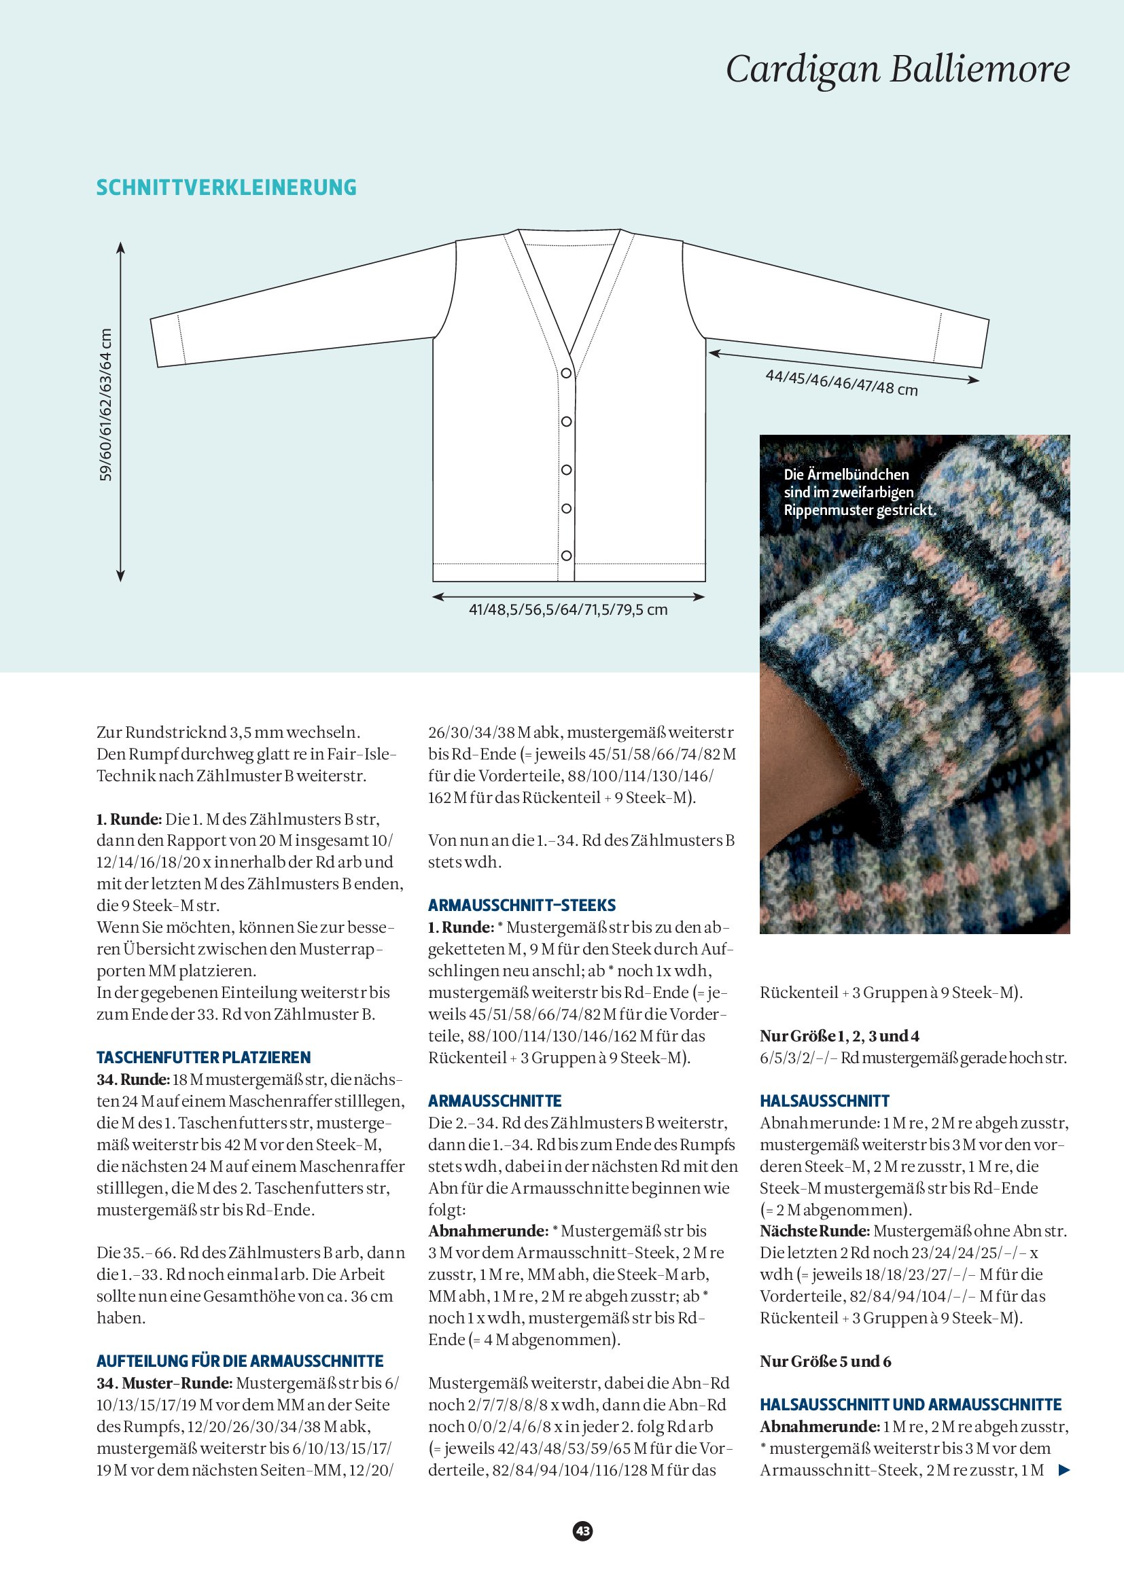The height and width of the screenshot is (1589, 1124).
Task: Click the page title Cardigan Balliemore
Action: click(x=897, y=69)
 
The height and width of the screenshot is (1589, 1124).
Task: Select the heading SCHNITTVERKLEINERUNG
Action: click(x=226, y=188)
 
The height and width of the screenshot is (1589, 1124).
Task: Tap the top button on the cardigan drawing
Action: click(x=566, y=373)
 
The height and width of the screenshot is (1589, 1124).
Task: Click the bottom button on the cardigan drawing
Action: click(x=566, y=556)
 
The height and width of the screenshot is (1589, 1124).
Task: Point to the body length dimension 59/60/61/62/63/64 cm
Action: click(x=106, y=405)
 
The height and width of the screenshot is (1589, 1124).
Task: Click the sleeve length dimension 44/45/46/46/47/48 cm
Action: click(x=841, y=382)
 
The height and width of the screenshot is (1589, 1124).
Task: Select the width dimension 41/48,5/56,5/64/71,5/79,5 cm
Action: click(x=567, y=609)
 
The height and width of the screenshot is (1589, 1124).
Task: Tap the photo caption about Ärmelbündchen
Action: click(x=858, y=492)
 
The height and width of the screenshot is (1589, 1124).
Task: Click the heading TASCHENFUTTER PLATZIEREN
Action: click(x=203, y=1058)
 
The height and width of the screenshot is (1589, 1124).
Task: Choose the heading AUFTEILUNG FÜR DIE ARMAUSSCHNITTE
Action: click(x=239, y=1361)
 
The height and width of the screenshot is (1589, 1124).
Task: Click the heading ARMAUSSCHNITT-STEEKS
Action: click(x=522, y=905)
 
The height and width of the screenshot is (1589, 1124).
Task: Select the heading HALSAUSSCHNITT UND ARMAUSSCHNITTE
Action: click(x=910, y=1405)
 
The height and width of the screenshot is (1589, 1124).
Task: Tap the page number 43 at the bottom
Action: click(x=583, y=1531)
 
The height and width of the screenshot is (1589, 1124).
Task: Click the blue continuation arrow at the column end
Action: click(x=1064, y=1470)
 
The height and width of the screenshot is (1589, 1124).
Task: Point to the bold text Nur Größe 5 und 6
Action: click(x=825, y=1361)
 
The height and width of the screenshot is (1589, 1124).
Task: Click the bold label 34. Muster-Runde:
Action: click(x=164, y=1383)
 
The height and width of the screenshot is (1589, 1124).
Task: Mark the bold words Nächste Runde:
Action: click(x=815, y=1231)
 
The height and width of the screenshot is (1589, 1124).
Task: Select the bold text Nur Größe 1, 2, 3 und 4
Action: click(x=839, y=1036)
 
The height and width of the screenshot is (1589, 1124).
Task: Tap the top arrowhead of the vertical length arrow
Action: click(x=120, y=247)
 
